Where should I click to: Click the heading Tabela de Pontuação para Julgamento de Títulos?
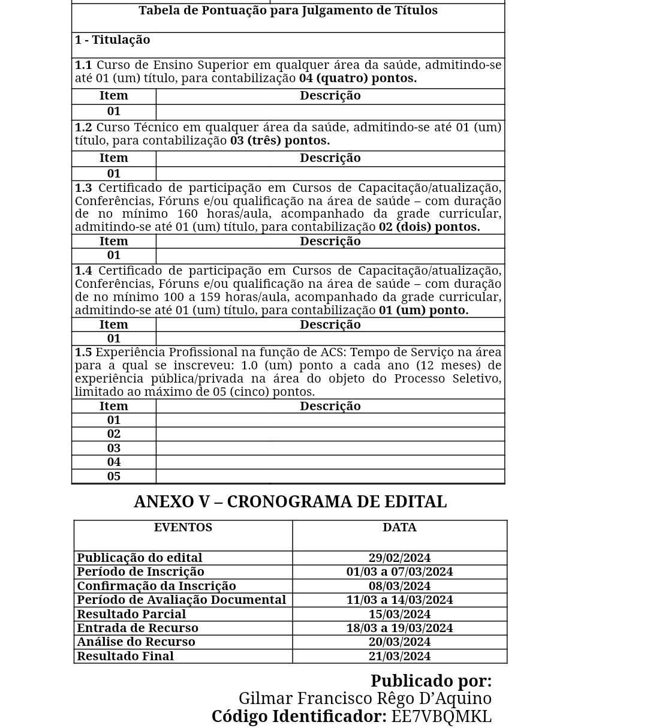(288, 11)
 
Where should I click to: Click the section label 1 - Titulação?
(112, 40)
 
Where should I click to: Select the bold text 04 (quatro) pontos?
(358, 79)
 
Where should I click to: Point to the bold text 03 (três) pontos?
(280, 141)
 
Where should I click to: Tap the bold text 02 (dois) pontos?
(429, 227)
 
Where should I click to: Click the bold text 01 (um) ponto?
(423, 311)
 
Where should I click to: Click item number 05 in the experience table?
(113, 477)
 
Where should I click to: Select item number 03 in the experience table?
(113, 449)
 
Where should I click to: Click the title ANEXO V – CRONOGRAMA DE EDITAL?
(290, 502)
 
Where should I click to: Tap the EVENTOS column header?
(183, 528)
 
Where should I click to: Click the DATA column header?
(399, 528)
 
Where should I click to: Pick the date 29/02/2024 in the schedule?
(399, 558)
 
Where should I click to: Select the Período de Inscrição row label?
(140, 572)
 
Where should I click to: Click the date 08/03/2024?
(399, 586)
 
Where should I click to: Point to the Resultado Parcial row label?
(131, 615)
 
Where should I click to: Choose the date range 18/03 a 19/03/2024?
(399, 628)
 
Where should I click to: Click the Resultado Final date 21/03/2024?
(399, 657)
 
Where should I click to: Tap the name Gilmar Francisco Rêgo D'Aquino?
(365, 699)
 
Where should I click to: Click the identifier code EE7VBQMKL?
(441, 717)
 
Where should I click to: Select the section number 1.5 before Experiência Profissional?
(83, 353)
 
